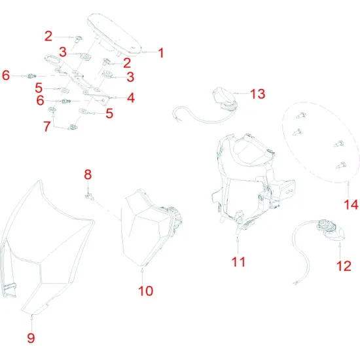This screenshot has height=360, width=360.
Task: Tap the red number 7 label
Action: pos(47,126)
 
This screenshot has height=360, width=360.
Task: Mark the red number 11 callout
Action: pos(238,261)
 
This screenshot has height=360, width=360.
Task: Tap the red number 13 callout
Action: pos(257,94)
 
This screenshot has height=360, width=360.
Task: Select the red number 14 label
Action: pos(351,205)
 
